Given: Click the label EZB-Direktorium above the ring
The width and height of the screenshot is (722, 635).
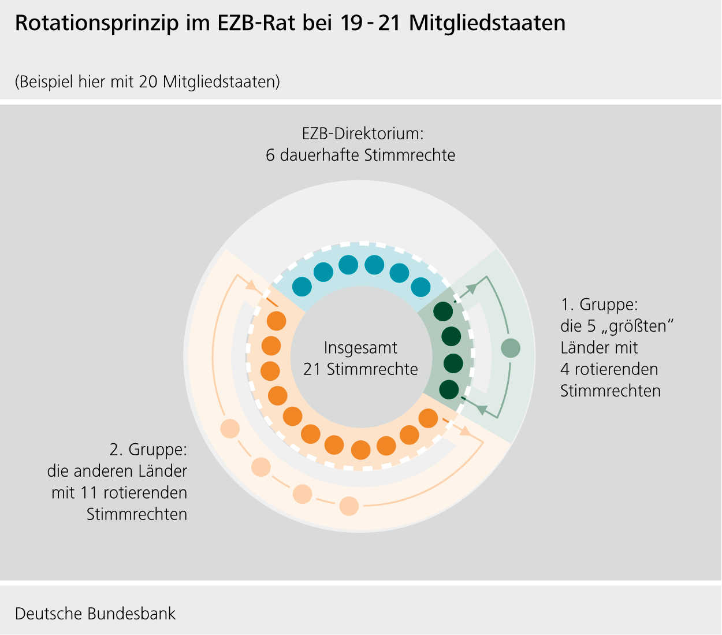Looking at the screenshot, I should tap(363, 134).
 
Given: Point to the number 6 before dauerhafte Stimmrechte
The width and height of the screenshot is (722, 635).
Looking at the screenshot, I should tap(270, 155).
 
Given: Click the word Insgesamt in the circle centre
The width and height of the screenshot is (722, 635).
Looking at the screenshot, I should tap(360, 348).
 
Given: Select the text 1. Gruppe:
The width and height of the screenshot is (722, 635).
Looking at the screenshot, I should tap(599, 304).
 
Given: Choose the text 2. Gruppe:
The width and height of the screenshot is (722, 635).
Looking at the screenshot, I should tap(148, 450).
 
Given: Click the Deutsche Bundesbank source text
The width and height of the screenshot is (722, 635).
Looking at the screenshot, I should tap(95, 613).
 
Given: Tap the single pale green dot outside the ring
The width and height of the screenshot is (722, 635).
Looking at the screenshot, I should tap(511, 348).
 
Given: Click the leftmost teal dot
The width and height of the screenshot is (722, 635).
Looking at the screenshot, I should tap(302, 286).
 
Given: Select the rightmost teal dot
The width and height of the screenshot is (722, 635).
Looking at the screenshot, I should tap(420, 287).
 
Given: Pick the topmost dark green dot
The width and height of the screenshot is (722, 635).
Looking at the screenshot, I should tap(443, 311).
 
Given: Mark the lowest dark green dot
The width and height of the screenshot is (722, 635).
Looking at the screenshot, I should tap(449, 390).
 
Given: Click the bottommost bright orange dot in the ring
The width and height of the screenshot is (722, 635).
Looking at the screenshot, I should tap(361, 450).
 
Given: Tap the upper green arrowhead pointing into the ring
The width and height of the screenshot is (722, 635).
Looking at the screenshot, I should tap(472, 287).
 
